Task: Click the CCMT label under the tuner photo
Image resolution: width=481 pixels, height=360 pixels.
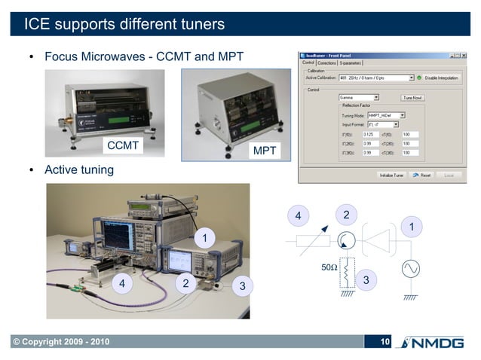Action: click(123, 145)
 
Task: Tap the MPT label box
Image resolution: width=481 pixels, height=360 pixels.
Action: click(264, 151)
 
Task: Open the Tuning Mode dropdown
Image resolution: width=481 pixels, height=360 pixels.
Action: click(381, 115)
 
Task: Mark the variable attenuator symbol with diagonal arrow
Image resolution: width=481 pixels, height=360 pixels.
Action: click(308, 242)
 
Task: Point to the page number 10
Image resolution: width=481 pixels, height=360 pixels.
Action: click(384, 343)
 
